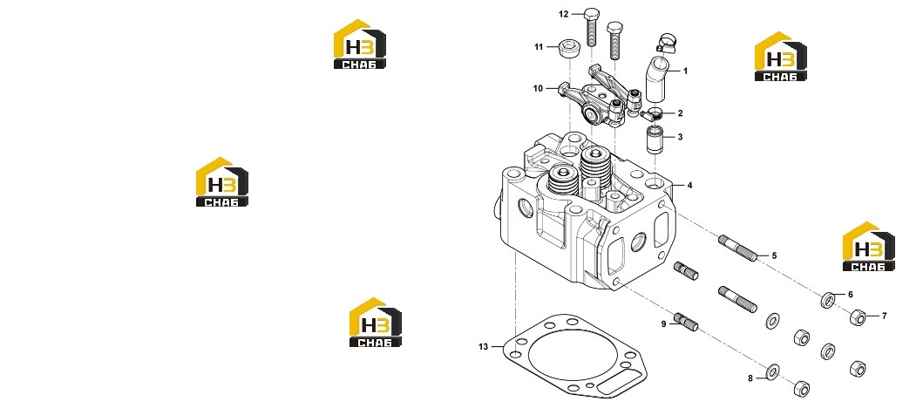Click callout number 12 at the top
pos(564,14)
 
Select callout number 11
pos(539,47)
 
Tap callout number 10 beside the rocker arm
pos(538,88)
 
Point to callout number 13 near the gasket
pos(483,347)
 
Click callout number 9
pos(663,323)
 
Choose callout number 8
pos(750,378)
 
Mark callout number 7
pos(884,316)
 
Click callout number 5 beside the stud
pos(774,255)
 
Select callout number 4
pos(690,186)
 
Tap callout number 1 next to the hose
pos(685,71)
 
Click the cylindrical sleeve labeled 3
pos(657,140)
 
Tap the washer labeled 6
pos(828,300)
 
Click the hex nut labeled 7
pos(858,318)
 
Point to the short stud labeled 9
pos(686,322)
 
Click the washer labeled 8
pos(771,371)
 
